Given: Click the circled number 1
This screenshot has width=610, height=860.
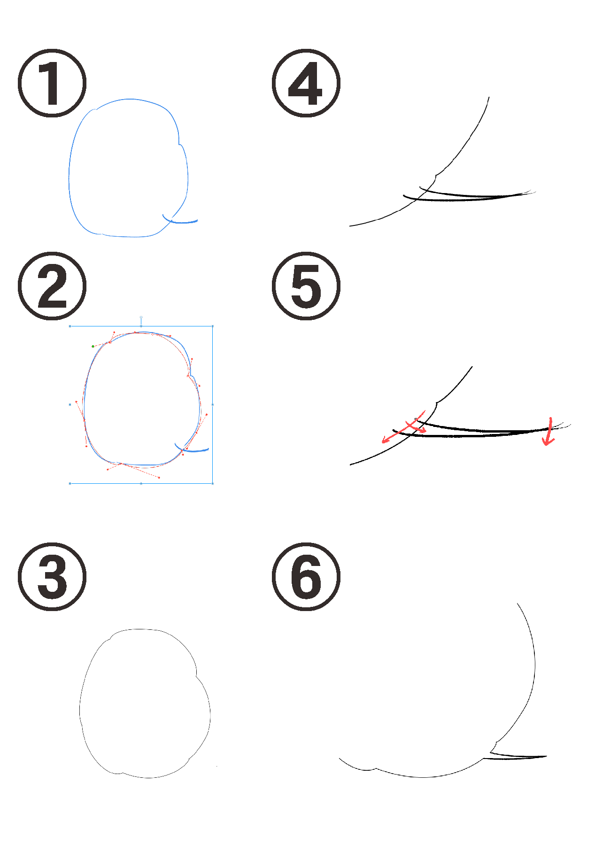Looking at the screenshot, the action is pyautogui.click(x=52, y=83).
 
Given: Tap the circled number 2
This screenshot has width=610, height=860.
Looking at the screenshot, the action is pyautogui.click(x=52, y=286).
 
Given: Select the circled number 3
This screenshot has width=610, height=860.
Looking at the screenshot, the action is pyautogui.click(x=52, y=576).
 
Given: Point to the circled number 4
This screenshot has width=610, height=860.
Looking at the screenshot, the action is pyautogui.click(x=306, y=83).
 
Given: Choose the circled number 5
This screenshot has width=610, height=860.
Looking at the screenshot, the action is pyautogui.click(x=306, y=286).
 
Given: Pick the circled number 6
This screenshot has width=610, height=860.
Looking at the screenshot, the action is pyautogui.click(x=306, y=576).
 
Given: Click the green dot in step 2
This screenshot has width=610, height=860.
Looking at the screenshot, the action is pyautogui.click(x=93, y=346).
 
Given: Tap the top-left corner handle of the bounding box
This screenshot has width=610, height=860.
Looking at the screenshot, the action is pyautogui.click(x=70, y=325).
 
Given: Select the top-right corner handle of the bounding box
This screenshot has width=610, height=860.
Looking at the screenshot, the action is pyautogui.click(x=213, y=325).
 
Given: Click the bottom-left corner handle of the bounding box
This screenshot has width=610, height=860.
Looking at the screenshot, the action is pyautogui.click(x=70, y=483).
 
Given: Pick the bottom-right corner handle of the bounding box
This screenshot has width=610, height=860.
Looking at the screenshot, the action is pyautogui.click(x=213, y=483).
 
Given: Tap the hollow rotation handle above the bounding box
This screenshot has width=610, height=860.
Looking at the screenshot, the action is pyautogui.click(x=141, y=318).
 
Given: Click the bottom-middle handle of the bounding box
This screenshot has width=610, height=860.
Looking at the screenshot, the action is pyautogui.click(x=141, y=483).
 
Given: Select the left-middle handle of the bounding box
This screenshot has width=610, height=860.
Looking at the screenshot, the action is pyautogui.click(x=70, y=404).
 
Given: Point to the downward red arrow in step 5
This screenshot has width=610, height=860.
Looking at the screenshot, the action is pyautogui.click(x=549, y=431).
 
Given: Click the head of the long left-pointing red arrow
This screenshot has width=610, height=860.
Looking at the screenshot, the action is pyautogui.click(x=385, y=440).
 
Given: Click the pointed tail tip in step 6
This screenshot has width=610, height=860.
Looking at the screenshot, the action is pyautogui.click(x=546, y=756).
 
